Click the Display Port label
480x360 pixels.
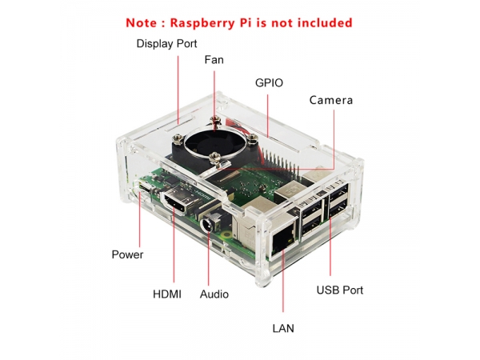pos(166,44)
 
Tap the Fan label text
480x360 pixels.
pos(214,60)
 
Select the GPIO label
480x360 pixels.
pos(269,83)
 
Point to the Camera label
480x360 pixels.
pos(331,100)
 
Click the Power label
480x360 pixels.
pos(127,254)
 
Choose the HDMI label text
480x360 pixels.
pos(167,294)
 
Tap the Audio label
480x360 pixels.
pos(214,294)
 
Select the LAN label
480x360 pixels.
pos(283,329)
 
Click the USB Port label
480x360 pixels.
pos(340,290)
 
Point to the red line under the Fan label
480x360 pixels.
pos(214,101)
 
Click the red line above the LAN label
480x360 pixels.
pos(283,281)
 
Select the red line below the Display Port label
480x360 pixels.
pos(178,90)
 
